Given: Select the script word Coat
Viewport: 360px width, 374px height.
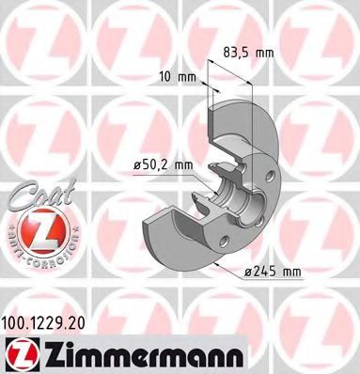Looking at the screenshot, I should [38, 195].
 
